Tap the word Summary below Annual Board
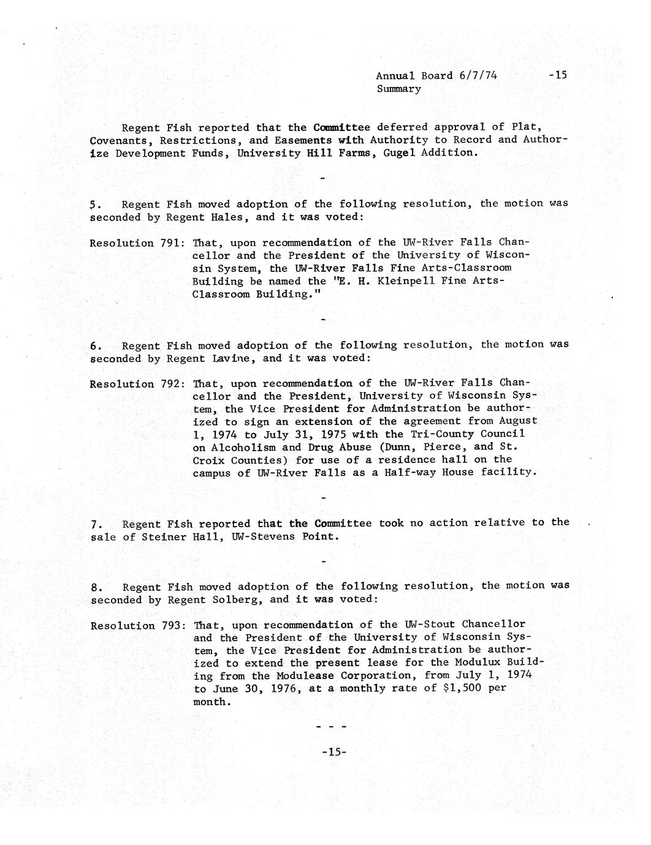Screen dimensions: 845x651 click(398, 89)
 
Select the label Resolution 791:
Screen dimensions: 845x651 click(135, 243)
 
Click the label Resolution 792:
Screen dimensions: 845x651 click(135, 385)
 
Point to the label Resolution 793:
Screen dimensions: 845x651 click(135, 626)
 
